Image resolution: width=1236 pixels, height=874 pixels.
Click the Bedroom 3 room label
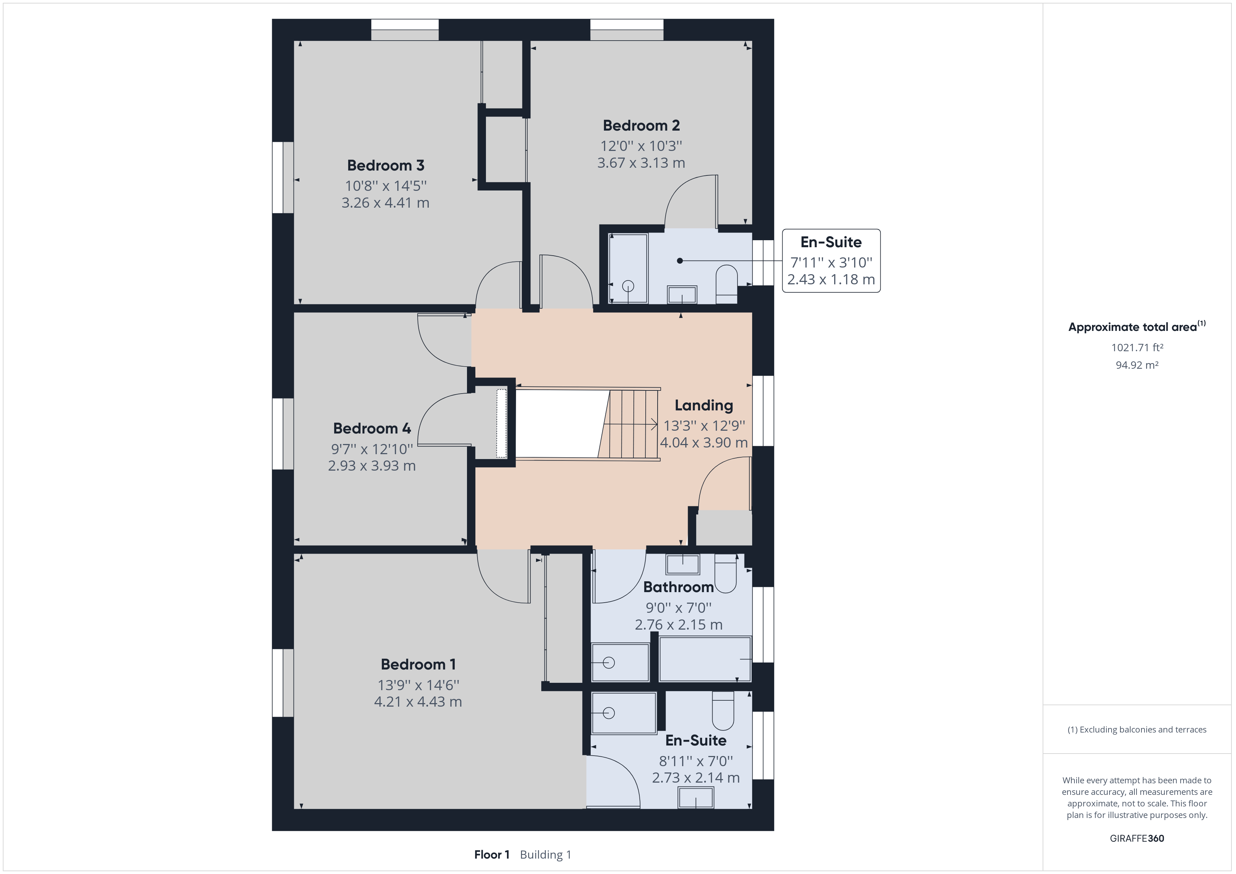(385, 165)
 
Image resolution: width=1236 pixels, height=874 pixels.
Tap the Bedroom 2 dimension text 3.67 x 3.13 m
(641, 162)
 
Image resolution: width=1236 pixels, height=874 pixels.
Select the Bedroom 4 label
(372, 428)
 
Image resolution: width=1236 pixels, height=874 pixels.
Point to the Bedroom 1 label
(418, 664)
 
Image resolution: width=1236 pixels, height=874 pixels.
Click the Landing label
(704, 405)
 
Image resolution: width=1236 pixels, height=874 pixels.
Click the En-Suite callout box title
(831, 242)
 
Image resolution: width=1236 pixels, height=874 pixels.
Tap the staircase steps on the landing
(628, 424)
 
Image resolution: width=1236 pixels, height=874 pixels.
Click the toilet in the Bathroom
(725, 573)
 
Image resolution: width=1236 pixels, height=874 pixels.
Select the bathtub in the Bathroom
(705, 659)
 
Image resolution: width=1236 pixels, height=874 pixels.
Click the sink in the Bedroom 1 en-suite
(696, 798)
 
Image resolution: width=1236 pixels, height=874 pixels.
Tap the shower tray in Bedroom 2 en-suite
(628, 268)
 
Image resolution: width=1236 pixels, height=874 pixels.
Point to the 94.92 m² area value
(1137, 365)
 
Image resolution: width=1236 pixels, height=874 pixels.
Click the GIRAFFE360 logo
(1137, 838)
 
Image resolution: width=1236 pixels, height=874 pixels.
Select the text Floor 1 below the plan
(492, 855)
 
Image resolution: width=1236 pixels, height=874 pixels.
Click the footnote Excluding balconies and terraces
(1137, 730)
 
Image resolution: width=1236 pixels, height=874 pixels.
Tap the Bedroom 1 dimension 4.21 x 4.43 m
(418, 702)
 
